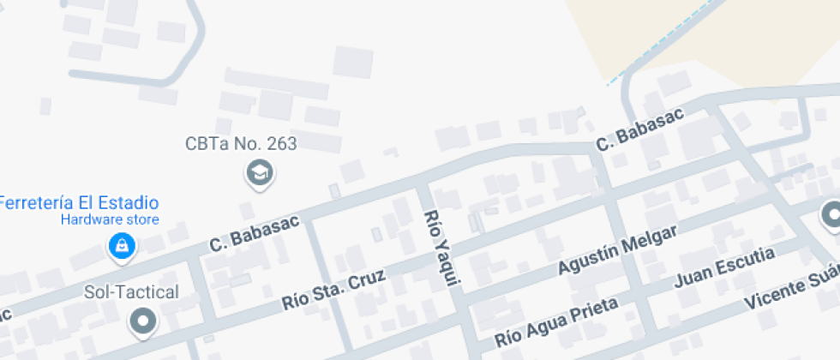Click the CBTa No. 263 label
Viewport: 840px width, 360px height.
241,144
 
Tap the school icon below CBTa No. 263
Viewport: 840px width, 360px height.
258,174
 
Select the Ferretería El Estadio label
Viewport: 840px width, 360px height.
79,204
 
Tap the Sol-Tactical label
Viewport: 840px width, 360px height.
131,292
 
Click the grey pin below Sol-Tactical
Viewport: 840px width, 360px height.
142,322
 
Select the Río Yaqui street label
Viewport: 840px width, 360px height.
442,248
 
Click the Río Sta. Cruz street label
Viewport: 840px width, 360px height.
334,290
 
